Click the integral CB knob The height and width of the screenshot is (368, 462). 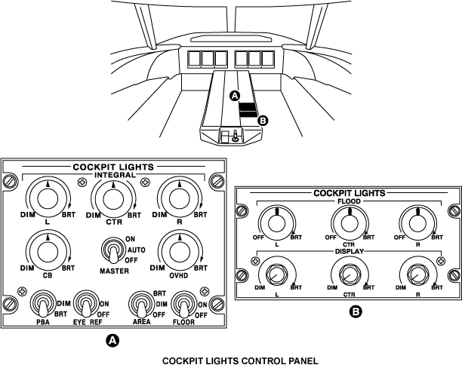[47, 250]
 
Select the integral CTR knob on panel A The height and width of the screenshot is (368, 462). [112, 198]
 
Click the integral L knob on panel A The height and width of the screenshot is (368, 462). [47, 198]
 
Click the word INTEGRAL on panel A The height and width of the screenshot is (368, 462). [113, 174]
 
